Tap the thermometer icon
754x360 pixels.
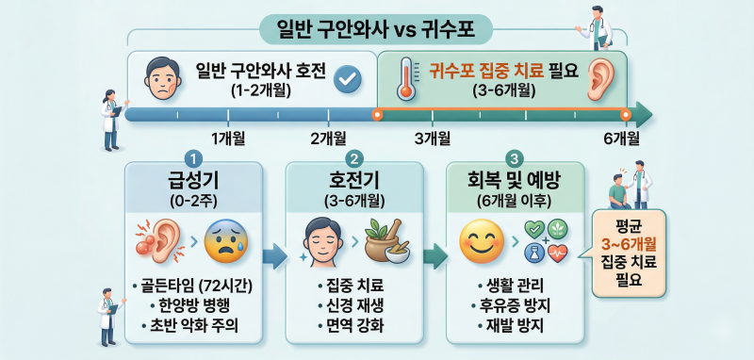[404, 79]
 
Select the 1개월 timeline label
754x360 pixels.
[228, 139]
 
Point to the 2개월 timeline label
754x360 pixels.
[329, 139]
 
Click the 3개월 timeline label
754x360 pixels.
[433, 139]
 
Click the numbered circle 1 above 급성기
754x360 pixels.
[194, 158]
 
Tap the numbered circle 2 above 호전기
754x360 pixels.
[354, 158]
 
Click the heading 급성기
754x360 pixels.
[194, 182]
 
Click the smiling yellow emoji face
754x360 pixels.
[482, 239]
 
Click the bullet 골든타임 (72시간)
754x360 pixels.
[194, 286]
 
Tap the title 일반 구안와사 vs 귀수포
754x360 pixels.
[376, 29]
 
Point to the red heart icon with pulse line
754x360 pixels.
[557, 253]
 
